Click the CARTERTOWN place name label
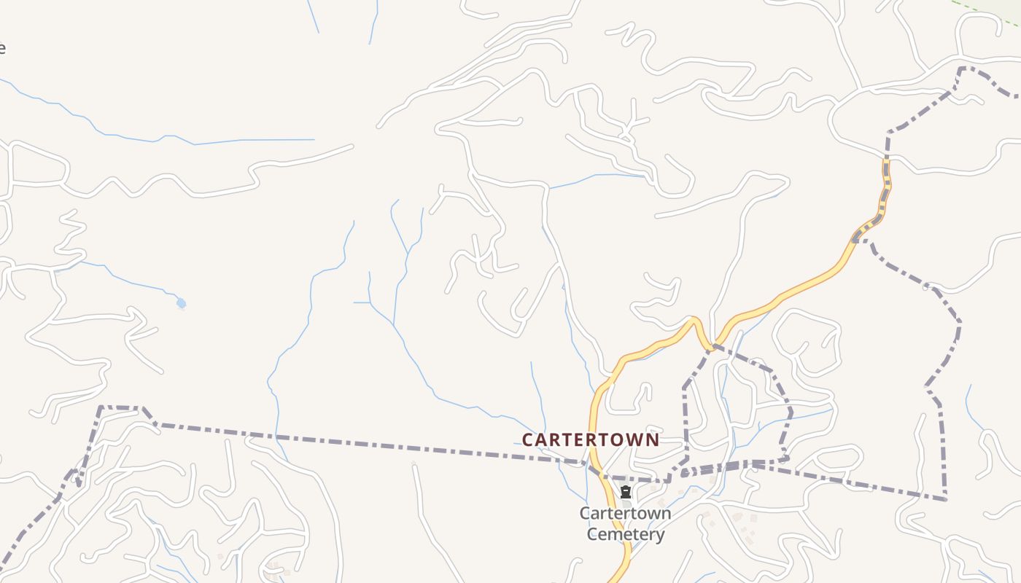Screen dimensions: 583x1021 pos(590,439)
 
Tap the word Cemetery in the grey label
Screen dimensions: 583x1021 pos(626,534)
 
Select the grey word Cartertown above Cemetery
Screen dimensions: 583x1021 pos(625,513)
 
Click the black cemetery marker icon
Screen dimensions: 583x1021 pos(626,492)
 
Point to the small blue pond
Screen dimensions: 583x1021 pos(181,303)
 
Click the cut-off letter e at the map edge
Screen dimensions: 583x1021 pos(2,49)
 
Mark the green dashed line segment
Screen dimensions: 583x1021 pos(985,12)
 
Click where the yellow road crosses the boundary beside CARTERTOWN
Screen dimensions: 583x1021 pos(594,463)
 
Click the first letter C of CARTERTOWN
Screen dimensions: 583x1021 pos(528,439)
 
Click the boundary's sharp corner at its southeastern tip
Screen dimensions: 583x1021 pos(945,499)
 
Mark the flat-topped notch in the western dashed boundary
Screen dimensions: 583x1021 pos(120,408)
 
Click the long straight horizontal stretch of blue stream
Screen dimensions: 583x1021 pos(255,140)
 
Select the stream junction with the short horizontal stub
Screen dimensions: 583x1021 pos(370,302)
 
